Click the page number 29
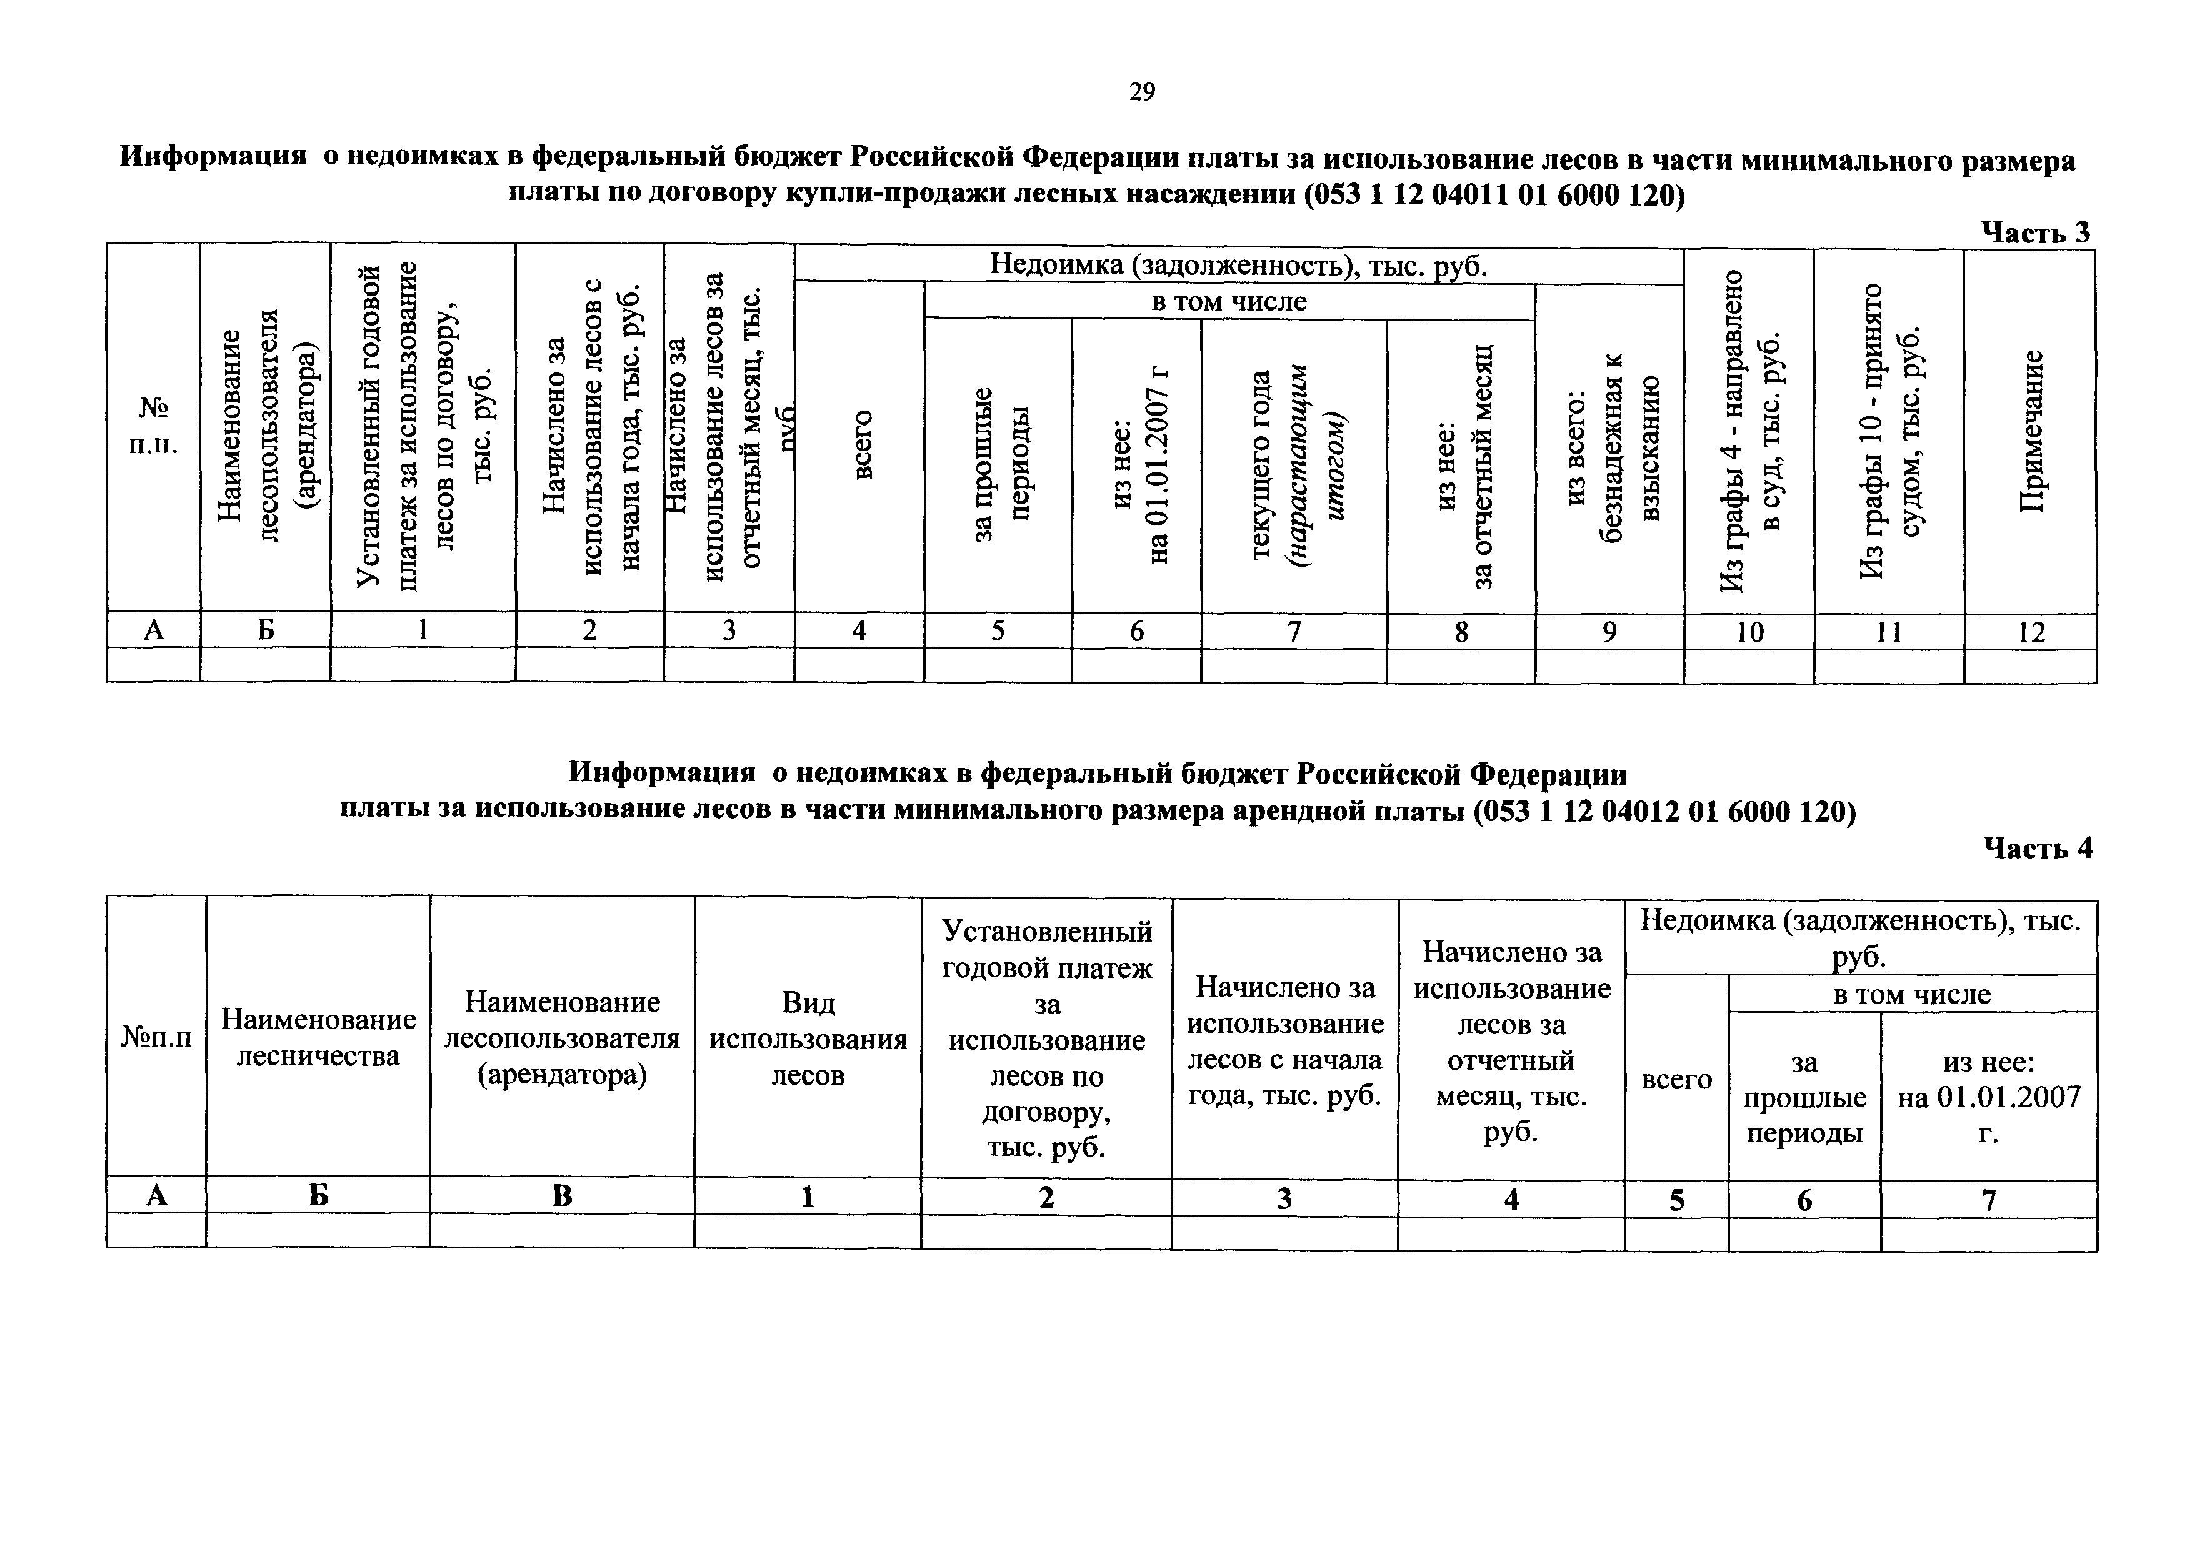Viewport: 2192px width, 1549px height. click(x=1142, y=92)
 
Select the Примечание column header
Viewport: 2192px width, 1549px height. click(x=2031, y=431)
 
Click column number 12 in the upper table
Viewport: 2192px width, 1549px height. click(x=2031, y=632)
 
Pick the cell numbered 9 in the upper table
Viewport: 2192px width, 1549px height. click(x=1609, y=632)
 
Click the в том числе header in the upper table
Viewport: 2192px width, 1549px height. click(x=1229, y=302)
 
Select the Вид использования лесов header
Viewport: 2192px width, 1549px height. click(x=808, y=1038)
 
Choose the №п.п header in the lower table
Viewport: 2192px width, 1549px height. click(x=156, y=1037)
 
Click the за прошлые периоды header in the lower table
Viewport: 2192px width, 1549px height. click(x=1804, y=1098)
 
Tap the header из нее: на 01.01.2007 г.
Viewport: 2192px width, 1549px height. click(x=1989, y=1098)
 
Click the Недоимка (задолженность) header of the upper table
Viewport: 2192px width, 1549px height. click(x=1238, y=264)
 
